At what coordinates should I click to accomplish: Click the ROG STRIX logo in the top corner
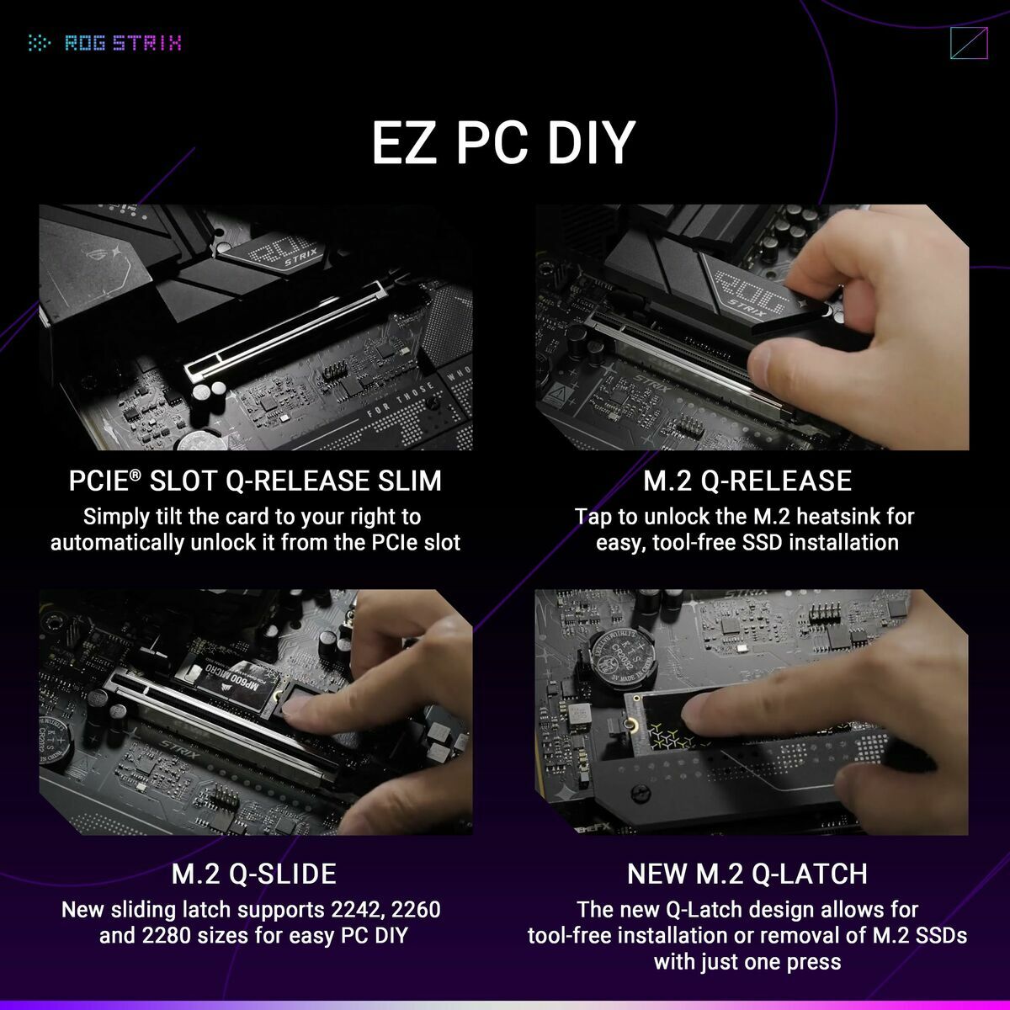[x=105, y=42]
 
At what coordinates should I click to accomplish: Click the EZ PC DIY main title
[x=503, y=142]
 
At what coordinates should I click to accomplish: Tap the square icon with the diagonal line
[x=968, y=44]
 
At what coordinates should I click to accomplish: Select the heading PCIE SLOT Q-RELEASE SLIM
[x=255, y=481]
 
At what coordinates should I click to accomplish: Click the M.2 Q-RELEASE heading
[x=747, y=481]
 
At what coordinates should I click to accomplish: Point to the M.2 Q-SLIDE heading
[x=254, y=874]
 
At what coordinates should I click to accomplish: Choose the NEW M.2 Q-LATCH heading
[x=747, y=874]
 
